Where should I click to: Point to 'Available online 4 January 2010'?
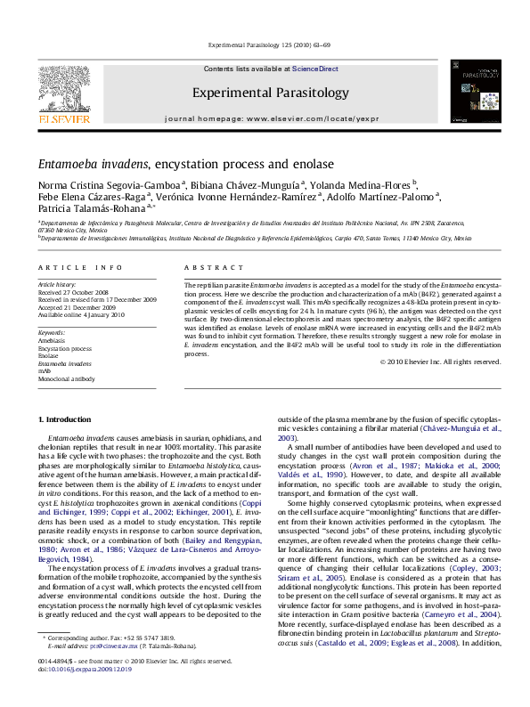point(82,313)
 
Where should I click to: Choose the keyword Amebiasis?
point(54,340)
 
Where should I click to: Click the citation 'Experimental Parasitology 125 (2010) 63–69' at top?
point(265,44)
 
